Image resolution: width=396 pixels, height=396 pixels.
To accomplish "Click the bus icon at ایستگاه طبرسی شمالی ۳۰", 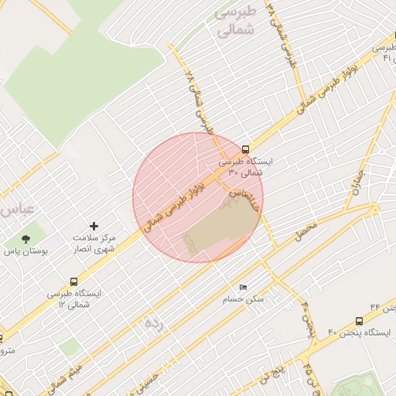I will [245, 148].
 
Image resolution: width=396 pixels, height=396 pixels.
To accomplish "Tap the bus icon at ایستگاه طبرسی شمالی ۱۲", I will [73, 282].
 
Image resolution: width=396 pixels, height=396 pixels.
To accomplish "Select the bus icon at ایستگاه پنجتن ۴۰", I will [359, 321].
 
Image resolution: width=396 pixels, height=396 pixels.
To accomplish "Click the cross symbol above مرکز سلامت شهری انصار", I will [94, 226].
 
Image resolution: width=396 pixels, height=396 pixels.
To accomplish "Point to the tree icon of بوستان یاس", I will [26, 239].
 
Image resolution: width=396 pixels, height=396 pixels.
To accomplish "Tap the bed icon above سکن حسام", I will [243, 288].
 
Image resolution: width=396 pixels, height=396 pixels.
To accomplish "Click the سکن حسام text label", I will [243, 299].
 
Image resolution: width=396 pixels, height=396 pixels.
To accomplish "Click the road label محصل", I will [306, 230].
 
